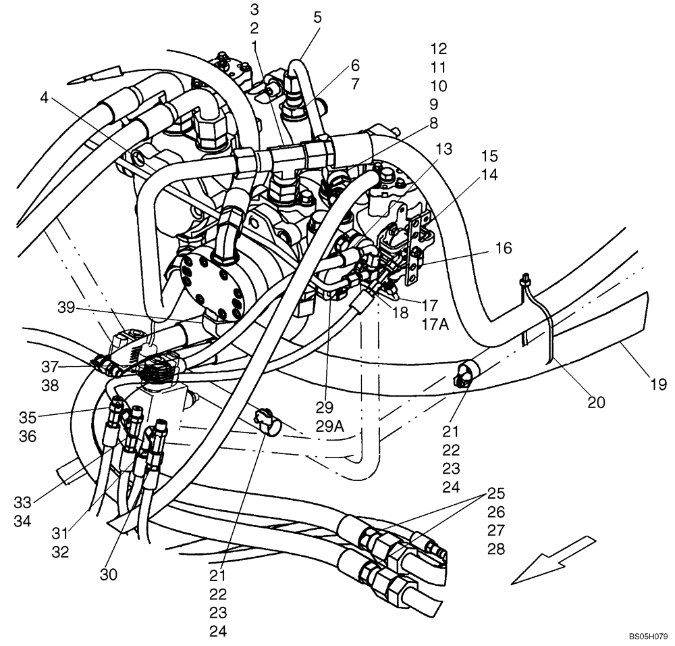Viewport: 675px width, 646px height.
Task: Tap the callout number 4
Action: point(44,97)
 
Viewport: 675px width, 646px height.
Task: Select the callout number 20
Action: point(595,403)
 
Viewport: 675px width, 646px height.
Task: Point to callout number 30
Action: point(108,575)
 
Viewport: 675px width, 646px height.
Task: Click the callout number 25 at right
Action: point(496,493)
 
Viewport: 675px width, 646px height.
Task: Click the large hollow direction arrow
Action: point(552,560)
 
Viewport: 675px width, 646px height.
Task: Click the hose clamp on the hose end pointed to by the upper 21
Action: point(462,373)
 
